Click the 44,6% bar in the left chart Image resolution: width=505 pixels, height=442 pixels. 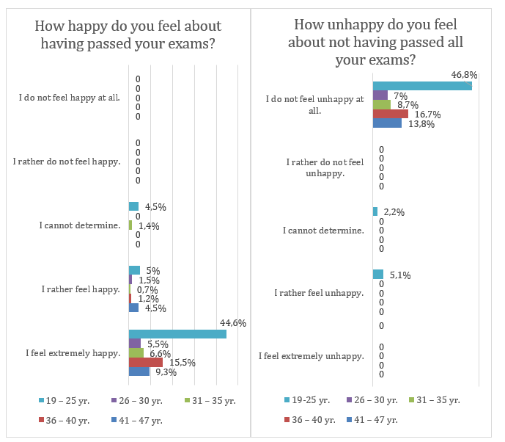[x=177, y=334]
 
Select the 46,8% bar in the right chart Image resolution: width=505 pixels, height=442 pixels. [x=421, y=86]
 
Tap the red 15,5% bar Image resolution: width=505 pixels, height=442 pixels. [x=146, y=362]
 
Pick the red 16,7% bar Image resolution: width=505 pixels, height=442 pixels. [x=390, y=114]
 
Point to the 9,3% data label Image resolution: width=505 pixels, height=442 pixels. [x=166, y=372]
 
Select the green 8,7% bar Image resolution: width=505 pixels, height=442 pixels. [x=382, y=104]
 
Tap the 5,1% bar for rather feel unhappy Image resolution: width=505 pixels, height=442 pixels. [x=377, y=275]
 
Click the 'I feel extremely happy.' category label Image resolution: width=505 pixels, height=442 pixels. [x=73, y=352]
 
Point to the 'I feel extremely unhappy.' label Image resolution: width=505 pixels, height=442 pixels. [x=312, y=357]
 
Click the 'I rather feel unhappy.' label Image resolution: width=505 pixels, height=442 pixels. [x=319, y=293]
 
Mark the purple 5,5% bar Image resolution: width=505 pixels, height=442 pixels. [x=135, y=343]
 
